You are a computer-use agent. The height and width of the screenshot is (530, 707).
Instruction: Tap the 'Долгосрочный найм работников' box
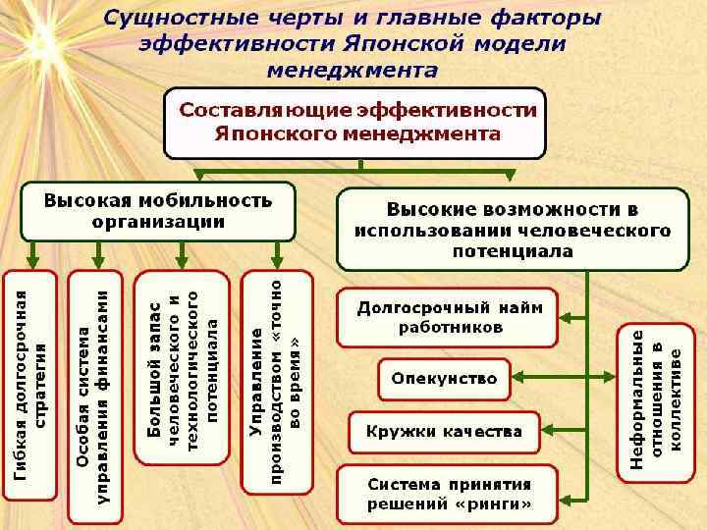(x=448, y=317)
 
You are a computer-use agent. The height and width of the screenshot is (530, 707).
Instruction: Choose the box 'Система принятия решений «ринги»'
(x=448, y=494)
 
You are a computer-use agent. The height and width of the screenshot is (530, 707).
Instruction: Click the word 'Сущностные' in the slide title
(x=167, y=19)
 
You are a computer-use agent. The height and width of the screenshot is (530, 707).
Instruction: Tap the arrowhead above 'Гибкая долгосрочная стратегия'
(x=31, y=262)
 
